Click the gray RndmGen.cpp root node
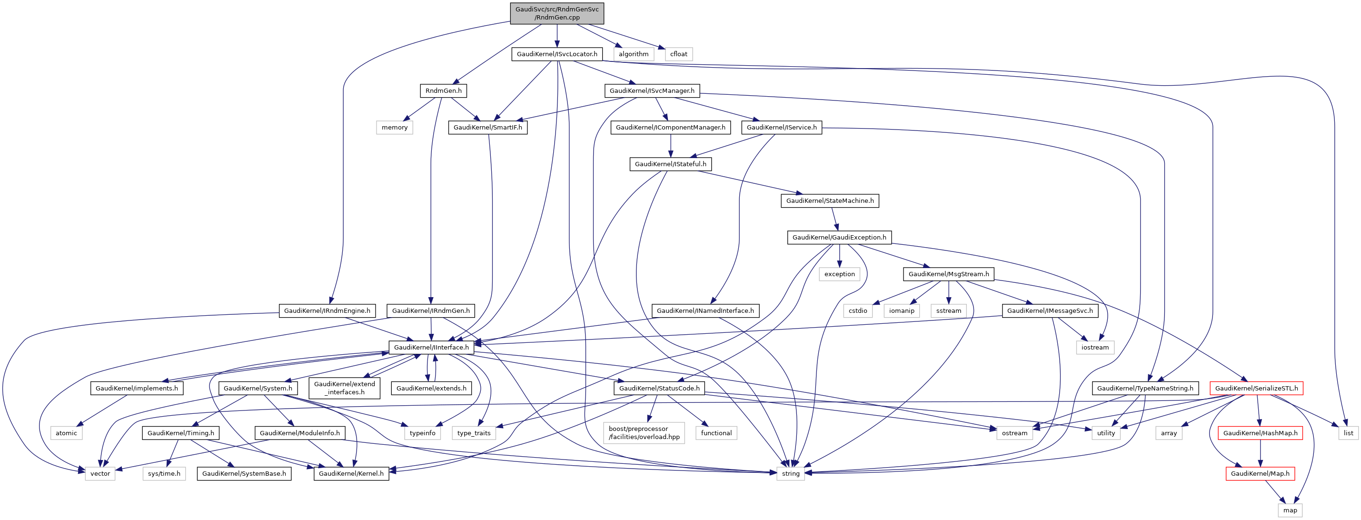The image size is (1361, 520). click(557, 13)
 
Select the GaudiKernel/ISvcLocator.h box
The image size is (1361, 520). click(557, 54)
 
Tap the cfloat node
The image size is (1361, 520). click(678, 54)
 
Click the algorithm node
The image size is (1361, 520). click(634, 54)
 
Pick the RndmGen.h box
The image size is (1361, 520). click(443, 90)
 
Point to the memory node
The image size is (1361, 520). click(394, 127)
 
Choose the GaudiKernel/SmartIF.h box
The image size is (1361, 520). click(487, 127)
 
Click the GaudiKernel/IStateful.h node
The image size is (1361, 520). click(670, 164)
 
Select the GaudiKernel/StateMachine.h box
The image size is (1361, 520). click(829, 201)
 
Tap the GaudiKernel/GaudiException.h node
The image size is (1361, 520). click(839, 237)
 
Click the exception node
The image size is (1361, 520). click(839, 274)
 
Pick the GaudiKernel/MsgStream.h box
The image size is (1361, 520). click(948, 274)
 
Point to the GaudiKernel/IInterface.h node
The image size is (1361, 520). click(431, 347)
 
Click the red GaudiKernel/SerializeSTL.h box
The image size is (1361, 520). click(1256, 388)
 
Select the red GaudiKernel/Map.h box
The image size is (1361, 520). click(1260, 473)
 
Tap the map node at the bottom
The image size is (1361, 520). click(1290, 510)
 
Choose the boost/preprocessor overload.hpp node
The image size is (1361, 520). click(644, 433)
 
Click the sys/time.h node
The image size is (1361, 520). click(164, 473)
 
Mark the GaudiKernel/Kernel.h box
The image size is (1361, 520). click(351, 473)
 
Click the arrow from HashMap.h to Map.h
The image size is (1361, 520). click(1260, 453)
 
